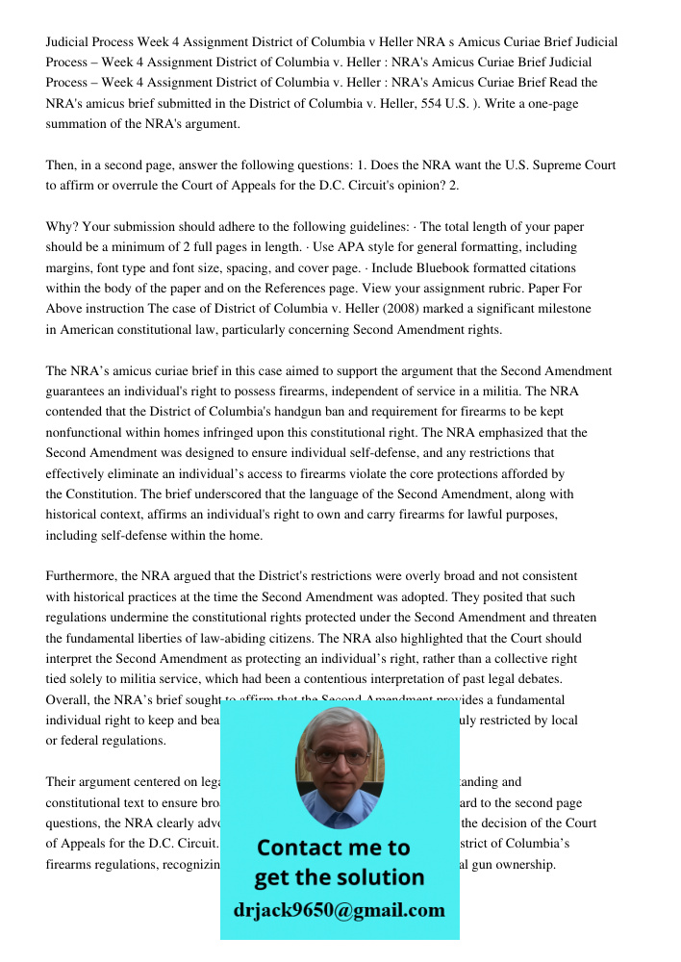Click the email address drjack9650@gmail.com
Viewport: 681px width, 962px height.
tap(340, 910)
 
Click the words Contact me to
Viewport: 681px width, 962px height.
tap(334, 848)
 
